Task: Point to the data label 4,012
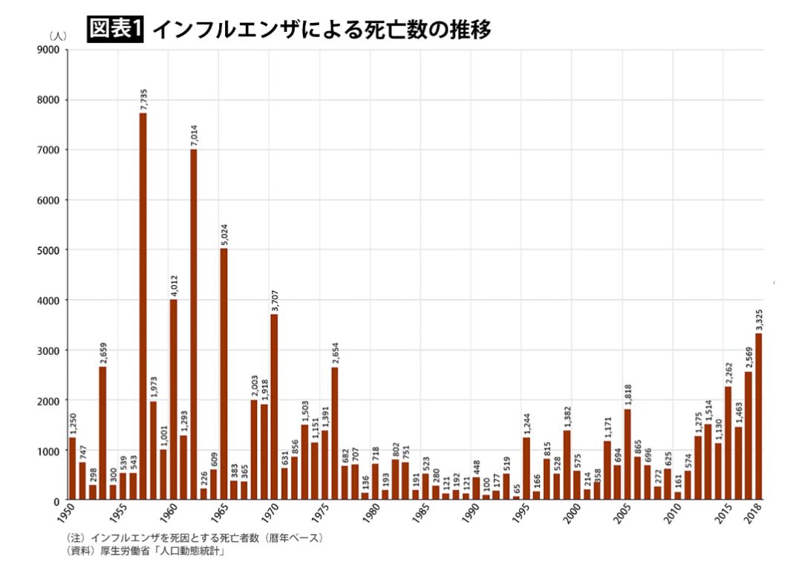(x=173, y=285)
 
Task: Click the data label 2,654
(x=335, y=353)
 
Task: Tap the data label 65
(x=517, y=488)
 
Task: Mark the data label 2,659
(x=102, y=353)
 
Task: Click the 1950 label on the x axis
(x=66, y=513)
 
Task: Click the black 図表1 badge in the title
(x=115, y=29)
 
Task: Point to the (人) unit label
(x=58, y=36)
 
